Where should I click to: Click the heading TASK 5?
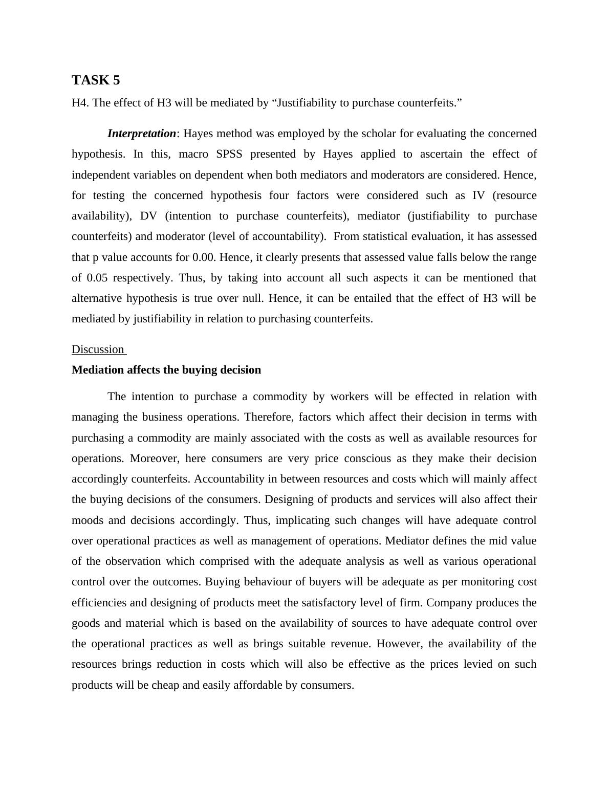pyautogui.click(x=96, y=80)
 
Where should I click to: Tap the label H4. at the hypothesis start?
pyautogui.click(x=80, y=103)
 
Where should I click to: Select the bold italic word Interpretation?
pyautogui.click(x=141, y=134)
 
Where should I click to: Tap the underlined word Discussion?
pyautogui.click(x=98, y=349)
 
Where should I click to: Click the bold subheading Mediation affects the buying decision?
pyautogui.click(x=166, y=370)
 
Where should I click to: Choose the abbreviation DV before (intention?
pyautogui.click(x=148, y=216)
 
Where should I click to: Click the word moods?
pyautogui.click(x=88, y=520)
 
